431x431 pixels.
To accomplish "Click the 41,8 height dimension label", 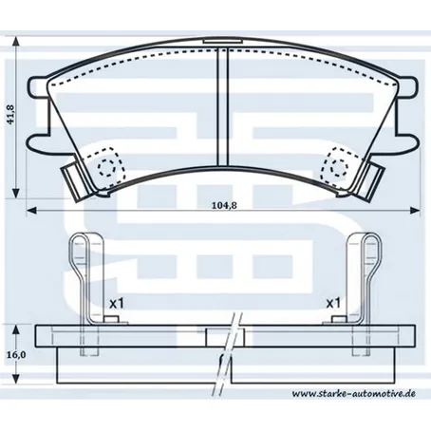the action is (11, 114).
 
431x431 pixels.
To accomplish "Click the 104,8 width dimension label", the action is (224, 205).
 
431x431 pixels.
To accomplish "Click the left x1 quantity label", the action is (117, 304).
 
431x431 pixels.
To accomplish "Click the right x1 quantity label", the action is (333, 304).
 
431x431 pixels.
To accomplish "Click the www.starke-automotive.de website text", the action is (354, 394).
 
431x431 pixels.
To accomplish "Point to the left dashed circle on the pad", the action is (106, 167).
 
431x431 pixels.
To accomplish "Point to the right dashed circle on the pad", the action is (339, 167).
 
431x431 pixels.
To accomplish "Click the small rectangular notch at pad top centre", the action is (223, 41).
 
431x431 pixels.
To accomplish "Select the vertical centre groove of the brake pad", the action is (222, 106).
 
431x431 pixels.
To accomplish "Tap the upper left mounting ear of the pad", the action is (38, 86).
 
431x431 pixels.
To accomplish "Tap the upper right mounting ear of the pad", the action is (407, 86).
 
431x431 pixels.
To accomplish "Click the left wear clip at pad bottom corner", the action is (75, 181).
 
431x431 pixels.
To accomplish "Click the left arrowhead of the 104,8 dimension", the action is (31, 210).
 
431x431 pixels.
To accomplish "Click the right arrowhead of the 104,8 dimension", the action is (415, 210).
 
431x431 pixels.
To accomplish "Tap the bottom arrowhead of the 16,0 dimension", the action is (16, 379).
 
